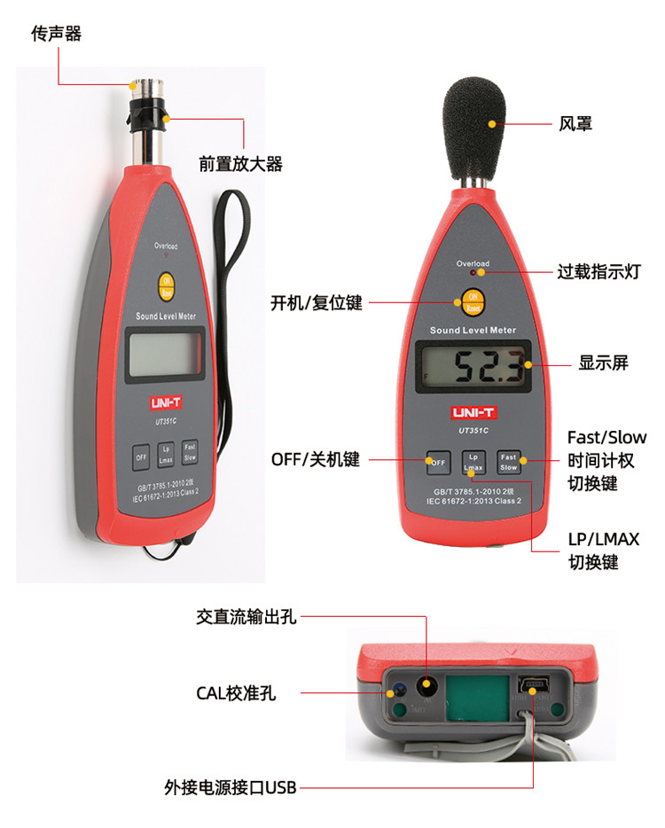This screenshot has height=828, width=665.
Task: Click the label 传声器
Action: [56, 34]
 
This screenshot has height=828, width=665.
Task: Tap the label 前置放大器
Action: [240, 163]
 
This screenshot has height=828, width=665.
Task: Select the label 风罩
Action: [576, 123]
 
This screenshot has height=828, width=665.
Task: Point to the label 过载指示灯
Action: [598, 271]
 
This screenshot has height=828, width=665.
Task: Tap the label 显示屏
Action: [603, 363]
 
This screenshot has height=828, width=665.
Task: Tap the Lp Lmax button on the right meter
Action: [473, 462]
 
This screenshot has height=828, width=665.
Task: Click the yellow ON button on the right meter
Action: [472, 301]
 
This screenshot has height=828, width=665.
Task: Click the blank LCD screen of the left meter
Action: [166, 352]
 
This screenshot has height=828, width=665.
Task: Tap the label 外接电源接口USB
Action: [230, 786]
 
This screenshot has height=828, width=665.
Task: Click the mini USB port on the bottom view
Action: [536, 685]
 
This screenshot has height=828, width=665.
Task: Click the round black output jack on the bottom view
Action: [428, 685]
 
